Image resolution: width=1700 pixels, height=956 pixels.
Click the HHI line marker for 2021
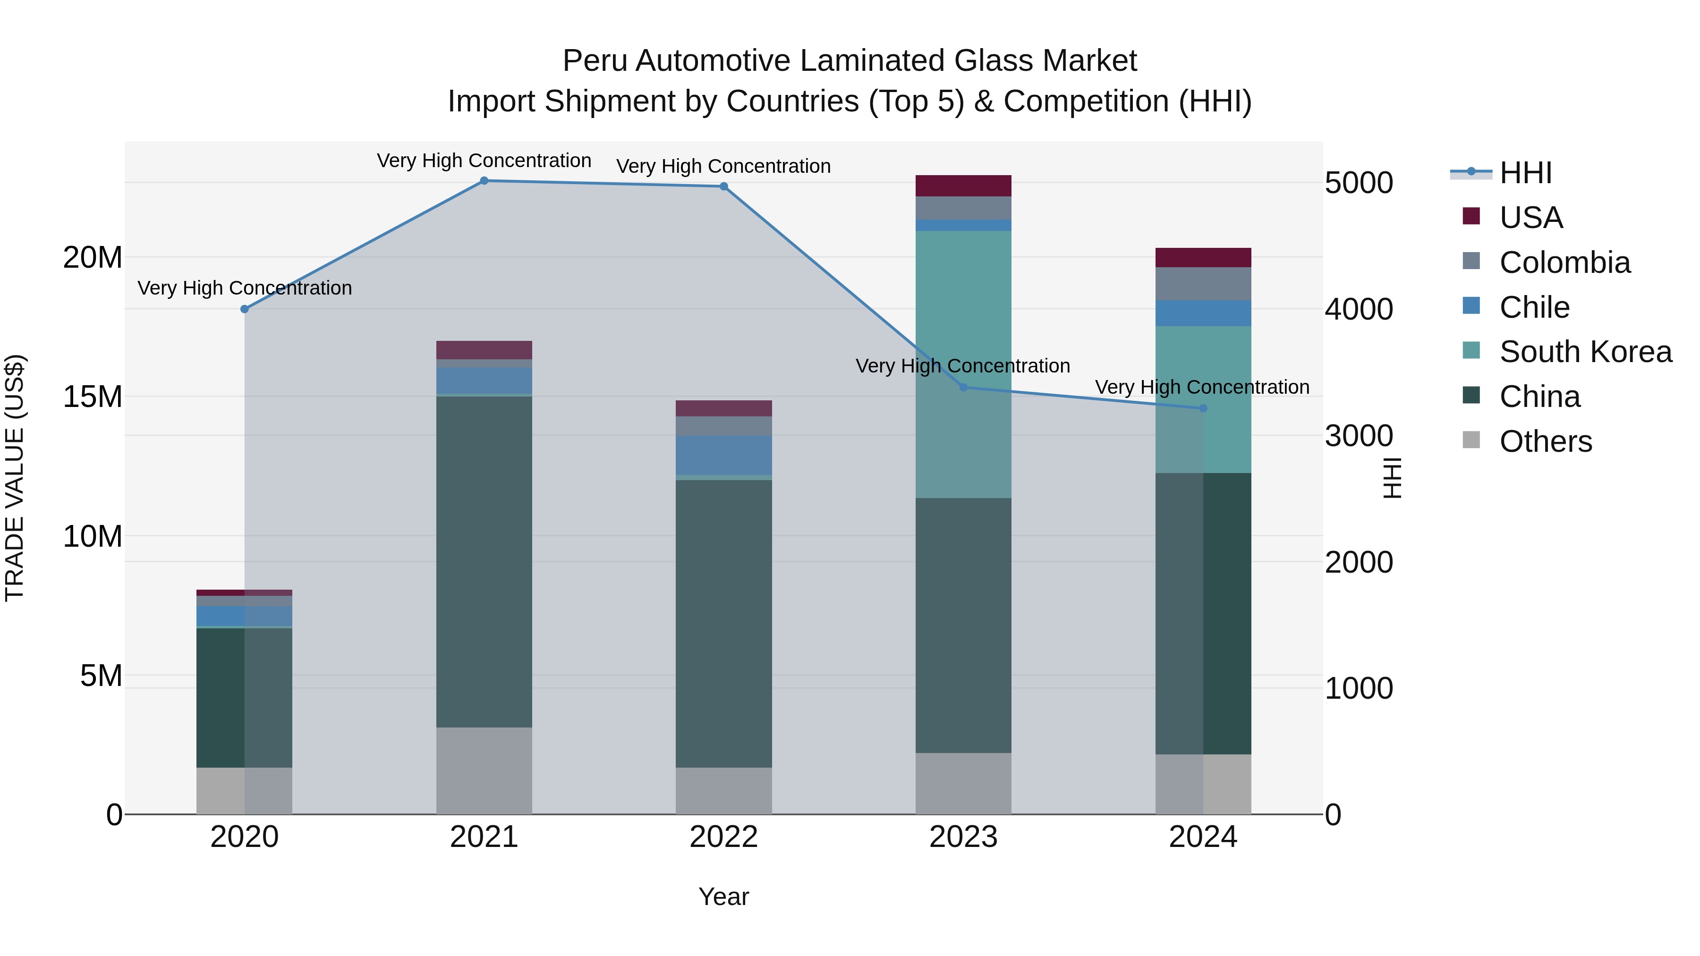[484, 181]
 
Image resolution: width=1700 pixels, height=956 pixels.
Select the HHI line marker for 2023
[963, 387]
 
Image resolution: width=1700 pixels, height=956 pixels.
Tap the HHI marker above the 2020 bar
[245, 309]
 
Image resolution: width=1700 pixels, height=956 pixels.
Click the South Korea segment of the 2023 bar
[963, 363]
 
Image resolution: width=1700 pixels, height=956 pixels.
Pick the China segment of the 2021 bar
[484, 561]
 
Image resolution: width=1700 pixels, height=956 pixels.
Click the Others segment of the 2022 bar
[723, 790]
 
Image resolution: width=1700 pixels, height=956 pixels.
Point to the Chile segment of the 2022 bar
[723, 455]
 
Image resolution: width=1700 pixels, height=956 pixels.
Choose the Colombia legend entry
[1564, 262]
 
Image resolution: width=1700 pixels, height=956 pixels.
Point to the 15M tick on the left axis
[93, 397]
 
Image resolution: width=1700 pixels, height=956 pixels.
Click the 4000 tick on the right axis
[1358, 309]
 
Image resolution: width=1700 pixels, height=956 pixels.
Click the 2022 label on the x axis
[723, 837]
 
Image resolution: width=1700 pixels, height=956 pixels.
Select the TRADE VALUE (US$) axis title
[15, 478]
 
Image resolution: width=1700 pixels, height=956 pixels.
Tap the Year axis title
[723, 897]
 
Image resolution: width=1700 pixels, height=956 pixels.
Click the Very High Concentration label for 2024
[1202, 387]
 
